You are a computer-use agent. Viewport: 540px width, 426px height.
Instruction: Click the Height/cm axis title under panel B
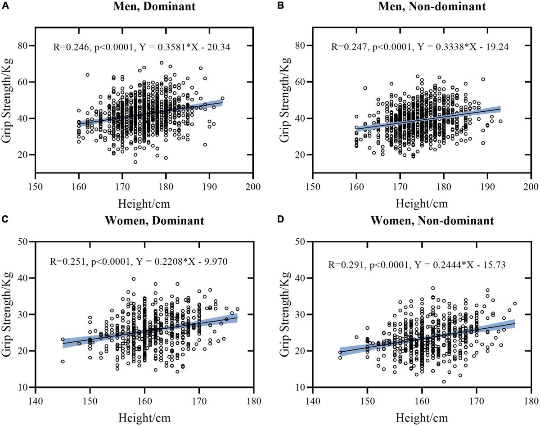point(422,203)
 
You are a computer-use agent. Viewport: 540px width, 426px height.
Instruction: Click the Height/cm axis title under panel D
point(422,417)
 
